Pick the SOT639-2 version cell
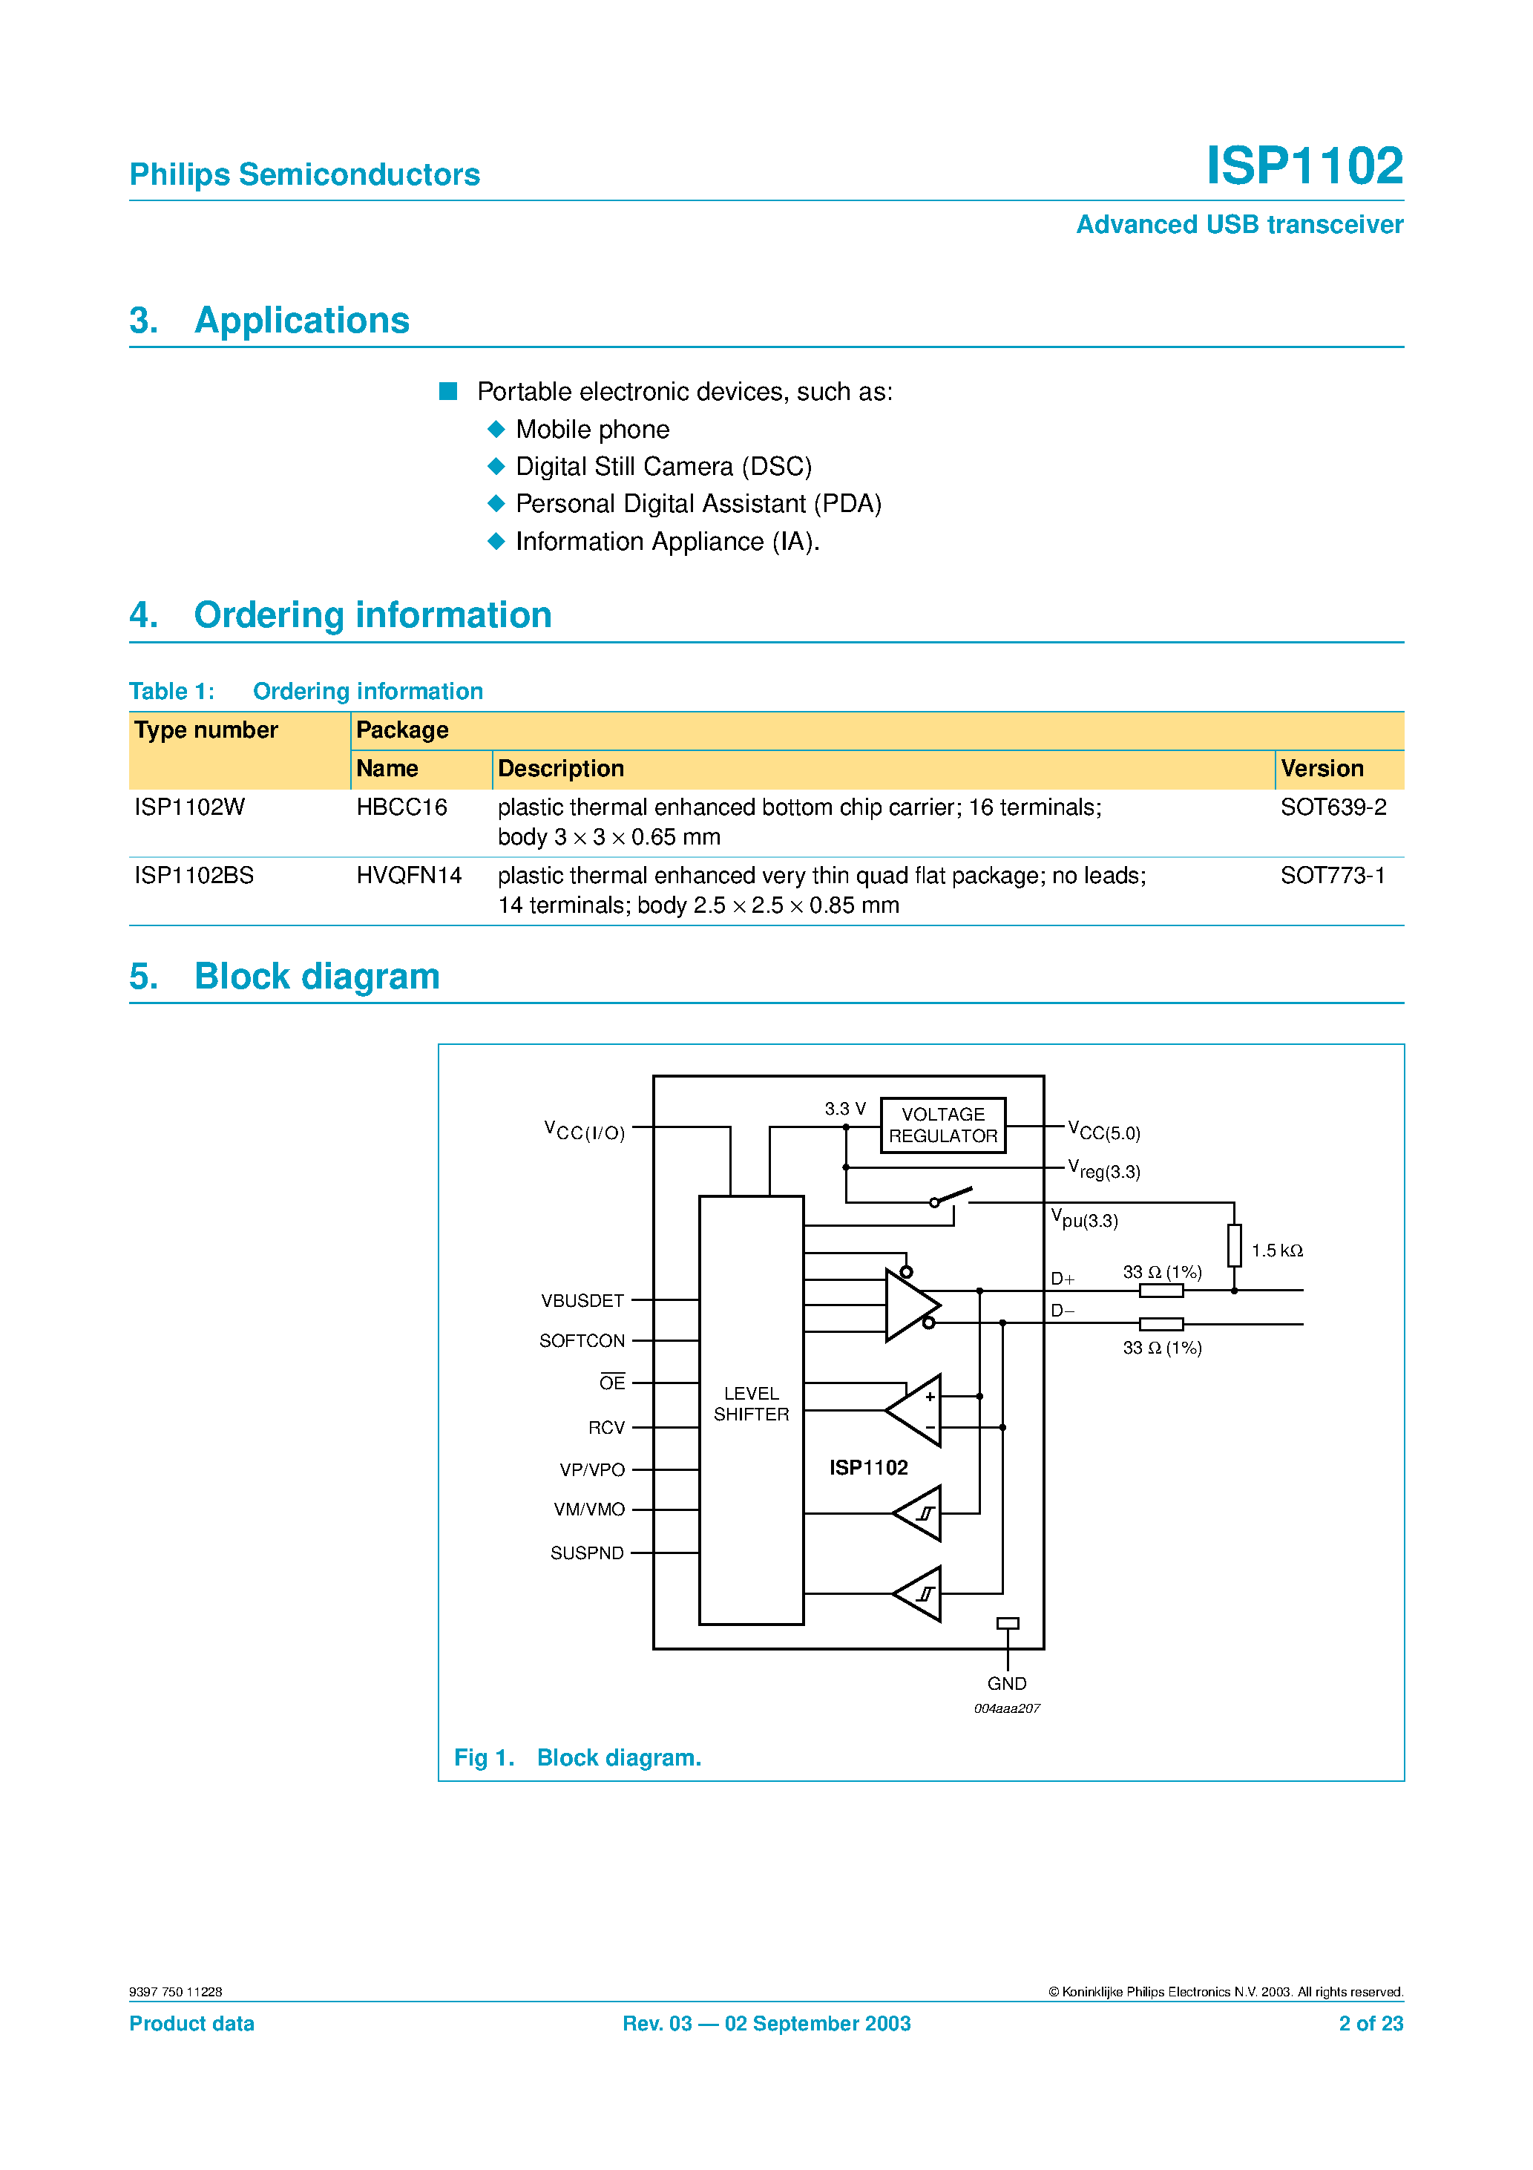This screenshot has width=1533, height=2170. pyautogui.click(x=1333, y=807)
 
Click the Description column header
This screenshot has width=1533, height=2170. pyautogui.click(x=560, y=768)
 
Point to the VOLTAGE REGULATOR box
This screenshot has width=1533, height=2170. pyautogui.click(x=942, y=1124)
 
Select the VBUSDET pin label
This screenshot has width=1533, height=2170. pyautogui.click(x=582, y=1300)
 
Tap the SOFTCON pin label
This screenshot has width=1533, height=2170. pyautogui.click(x=582, y=1341)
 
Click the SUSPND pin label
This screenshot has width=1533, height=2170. pyautogui.click(x=587, y=1553)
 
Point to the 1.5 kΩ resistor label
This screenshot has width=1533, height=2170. pyautogui.click(x=1276, y=1250)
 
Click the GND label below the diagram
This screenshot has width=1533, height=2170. pyautogui.click(x=1007, y=1683)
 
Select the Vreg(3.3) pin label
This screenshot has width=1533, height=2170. pyautogui.click(x=1104, y=1170)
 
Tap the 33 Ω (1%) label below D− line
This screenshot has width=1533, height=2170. pyautogui.click(x=1161, y=1348)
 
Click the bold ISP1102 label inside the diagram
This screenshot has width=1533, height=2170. pyautogui.click(x=867, y=1468)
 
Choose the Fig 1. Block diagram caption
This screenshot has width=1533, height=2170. pyautogui.click(x=577, y=1758)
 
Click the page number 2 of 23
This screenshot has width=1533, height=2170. pyautogui.click(x=1370, y=2024)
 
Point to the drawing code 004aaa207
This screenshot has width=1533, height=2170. pyautogui.click(x=1007, y=1709)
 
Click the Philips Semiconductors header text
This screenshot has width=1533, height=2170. pyautogui.click(x=304, y=175)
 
